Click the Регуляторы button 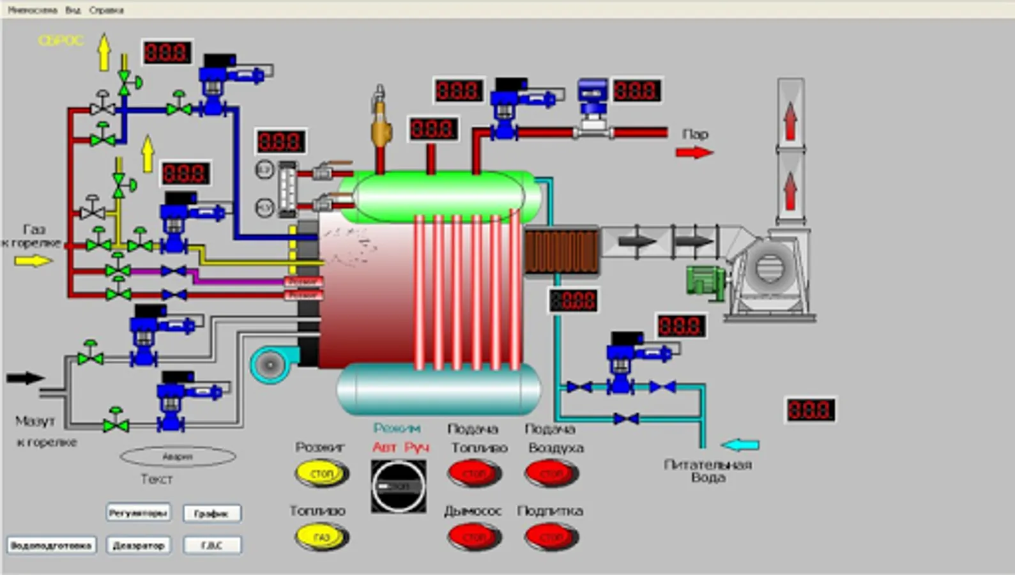(138, 512)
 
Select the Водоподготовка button (51, 545)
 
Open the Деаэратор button (138, 545)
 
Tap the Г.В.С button (212, 545)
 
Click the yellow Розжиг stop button (321, 474)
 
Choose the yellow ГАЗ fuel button (321, 537)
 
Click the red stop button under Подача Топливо (474, 474)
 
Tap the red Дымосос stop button (474, 537)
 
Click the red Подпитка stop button (551, 537)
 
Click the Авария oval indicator (178, 457)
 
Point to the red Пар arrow (694, 153)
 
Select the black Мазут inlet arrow (25, 378)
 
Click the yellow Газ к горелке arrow (33, 261)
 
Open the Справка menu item (107, 10)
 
